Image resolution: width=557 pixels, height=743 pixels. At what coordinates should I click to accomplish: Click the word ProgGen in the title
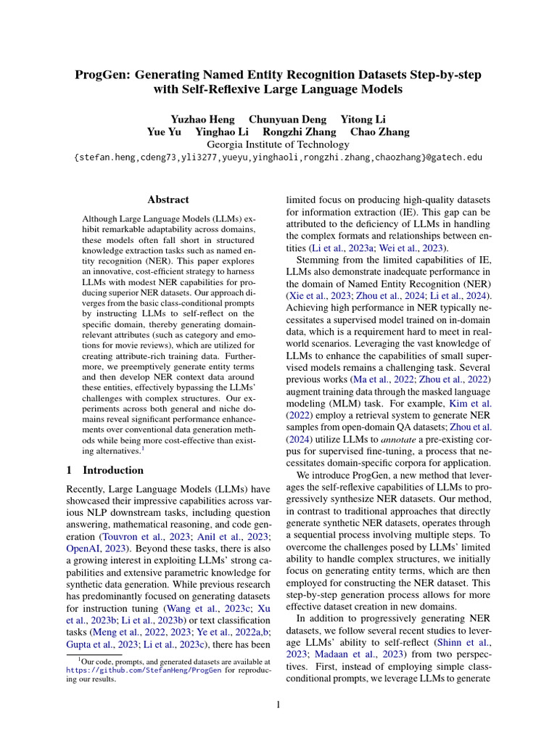[106, 75]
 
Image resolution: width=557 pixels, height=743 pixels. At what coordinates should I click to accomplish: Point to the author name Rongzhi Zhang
[300, 132]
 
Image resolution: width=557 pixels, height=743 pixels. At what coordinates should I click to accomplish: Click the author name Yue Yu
[165, 132]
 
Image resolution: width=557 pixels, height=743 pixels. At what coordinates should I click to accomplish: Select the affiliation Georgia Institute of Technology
[278, 144]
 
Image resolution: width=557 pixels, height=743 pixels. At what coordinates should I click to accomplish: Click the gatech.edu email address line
[278, 157]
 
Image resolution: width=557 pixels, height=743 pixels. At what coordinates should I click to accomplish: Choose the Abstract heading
[168, 200]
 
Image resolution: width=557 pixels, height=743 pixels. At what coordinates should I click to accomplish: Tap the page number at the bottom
[278, 705]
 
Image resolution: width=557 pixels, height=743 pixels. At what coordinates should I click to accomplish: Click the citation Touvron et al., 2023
[139, 537]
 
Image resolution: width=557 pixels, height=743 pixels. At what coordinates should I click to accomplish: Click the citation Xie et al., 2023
[316, 296]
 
